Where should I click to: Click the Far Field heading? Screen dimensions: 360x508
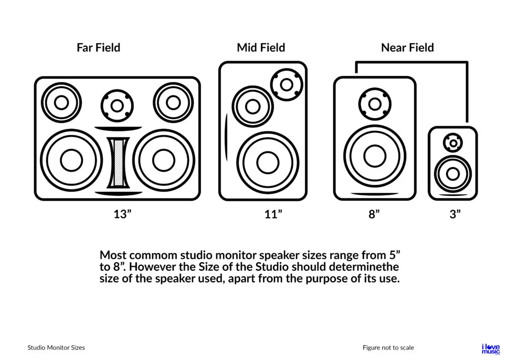coord(98,48)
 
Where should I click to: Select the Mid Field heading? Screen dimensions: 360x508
coord(261,48)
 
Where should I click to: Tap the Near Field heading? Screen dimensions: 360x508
coord(407,48)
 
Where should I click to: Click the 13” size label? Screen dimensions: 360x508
coord(122,214)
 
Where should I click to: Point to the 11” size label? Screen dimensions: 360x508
coord(273,214)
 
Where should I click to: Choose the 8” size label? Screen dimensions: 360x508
coord(374,214)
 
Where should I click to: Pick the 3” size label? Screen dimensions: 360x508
coord(455,214)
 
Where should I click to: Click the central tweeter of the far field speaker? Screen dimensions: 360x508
coord(118,106)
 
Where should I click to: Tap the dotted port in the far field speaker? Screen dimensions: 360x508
coord(118,162)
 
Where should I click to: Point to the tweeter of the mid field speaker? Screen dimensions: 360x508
coord(287,84)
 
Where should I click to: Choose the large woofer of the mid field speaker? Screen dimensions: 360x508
coord(268,163)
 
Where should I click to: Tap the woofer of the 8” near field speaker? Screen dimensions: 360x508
coord(375,156)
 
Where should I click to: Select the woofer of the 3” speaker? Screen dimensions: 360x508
coord(452,174)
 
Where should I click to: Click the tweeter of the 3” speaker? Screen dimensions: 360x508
coord(453,143)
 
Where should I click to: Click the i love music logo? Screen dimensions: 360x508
coord(491,349)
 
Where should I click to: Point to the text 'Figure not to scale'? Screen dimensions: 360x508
coord(388,348)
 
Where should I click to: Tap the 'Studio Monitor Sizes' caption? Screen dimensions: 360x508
coord(56,348)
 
